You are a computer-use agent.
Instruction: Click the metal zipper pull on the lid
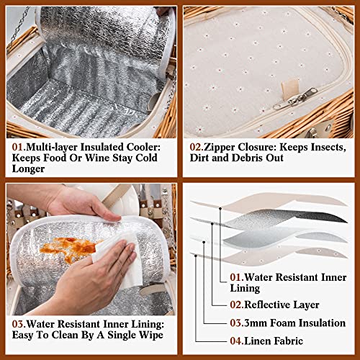(x=294, y=99)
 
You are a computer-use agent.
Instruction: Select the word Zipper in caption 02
(x=218, y=148)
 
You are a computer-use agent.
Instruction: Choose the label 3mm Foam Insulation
(x=294, y=323)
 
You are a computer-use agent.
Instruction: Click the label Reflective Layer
(x=282, y=305)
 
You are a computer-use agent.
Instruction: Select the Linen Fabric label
(x=274, y=341)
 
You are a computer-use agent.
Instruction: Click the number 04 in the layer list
(x=236, y=341)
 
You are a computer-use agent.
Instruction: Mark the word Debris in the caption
(x=246, y=158)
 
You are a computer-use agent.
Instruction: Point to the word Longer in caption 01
(x=28, y=168)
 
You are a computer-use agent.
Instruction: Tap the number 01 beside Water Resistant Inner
(x=236, y=277)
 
